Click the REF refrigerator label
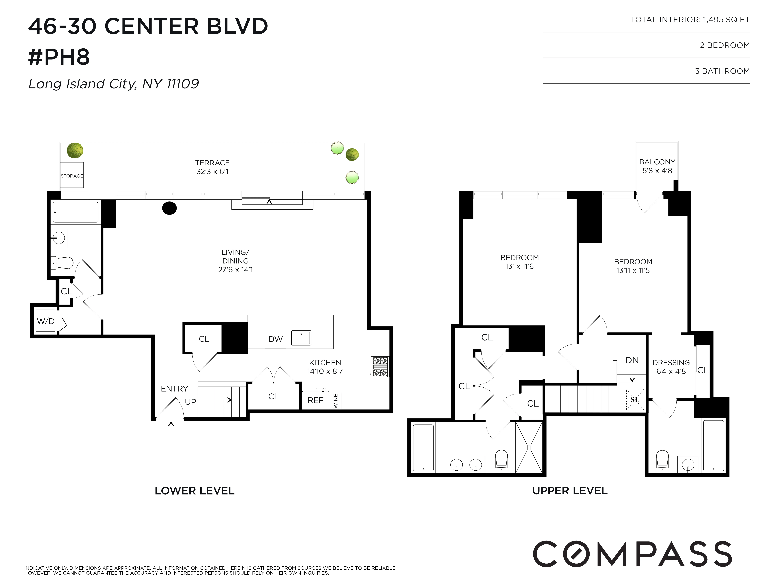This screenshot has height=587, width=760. pyautogui.click(x=315, y=400)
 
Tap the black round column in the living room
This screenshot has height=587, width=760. pyautogui.click(x=170, y=208)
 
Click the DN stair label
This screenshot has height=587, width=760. pyautogui.click(x=632, y=360)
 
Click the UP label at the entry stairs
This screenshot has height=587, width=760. pyautogui.click(x=190, y=402)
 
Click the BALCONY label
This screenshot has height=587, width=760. pyautogui.click(x=657, y=162)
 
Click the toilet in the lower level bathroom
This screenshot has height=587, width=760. pyautogui.click(x=63, y=263)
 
